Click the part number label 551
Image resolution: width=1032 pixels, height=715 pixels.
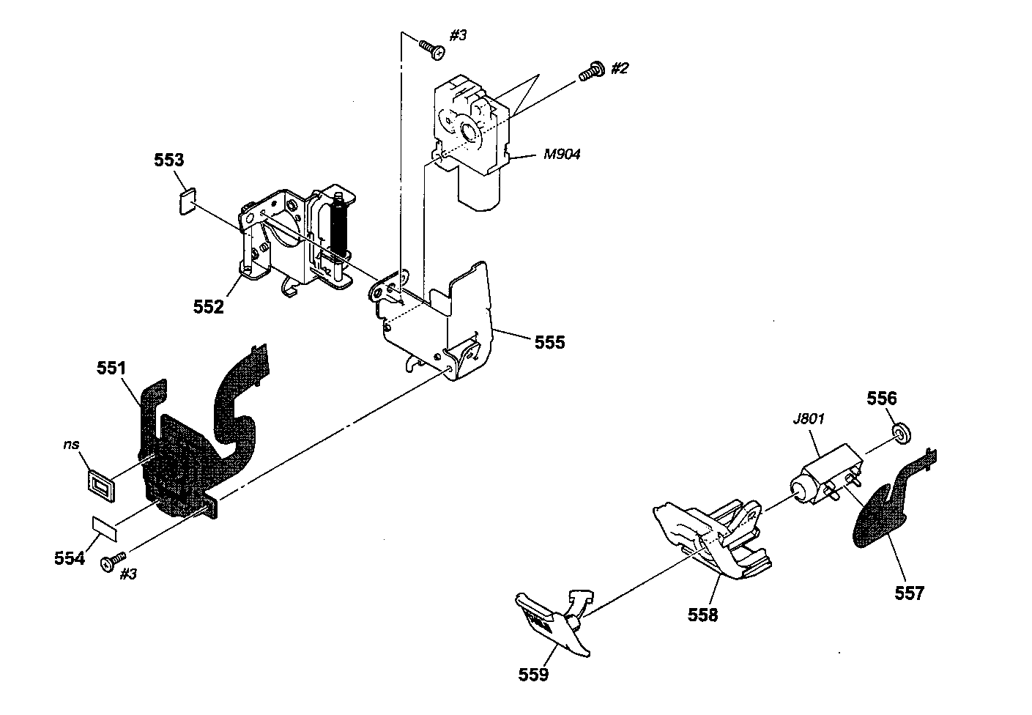coord(111,368)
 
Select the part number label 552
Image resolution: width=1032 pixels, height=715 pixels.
coord(208,307)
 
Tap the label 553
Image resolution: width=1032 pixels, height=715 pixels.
coord(168,160)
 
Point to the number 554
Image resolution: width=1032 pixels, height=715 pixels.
coord(70,558)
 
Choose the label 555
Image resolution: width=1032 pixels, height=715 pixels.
coord(549,342)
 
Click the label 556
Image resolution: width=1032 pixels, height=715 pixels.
coord(882,398)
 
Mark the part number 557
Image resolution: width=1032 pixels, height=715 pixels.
coord(910,593)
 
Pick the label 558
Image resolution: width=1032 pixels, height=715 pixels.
coord(702,615)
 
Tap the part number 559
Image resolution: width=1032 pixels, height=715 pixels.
coord(533,675)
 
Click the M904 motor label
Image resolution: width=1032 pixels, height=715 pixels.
coord(562,154)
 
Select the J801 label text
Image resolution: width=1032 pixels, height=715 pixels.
coord(809,419)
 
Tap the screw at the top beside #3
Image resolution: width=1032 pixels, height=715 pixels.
coord(432,49)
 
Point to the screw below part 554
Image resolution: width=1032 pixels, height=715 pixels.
coord(113,561)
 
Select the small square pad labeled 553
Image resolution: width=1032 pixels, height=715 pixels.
coord(188,201)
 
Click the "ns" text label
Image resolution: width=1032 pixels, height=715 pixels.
coord(71,445)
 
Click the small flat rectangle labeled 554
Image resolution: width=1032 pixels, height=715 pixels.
coord(105,529)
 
